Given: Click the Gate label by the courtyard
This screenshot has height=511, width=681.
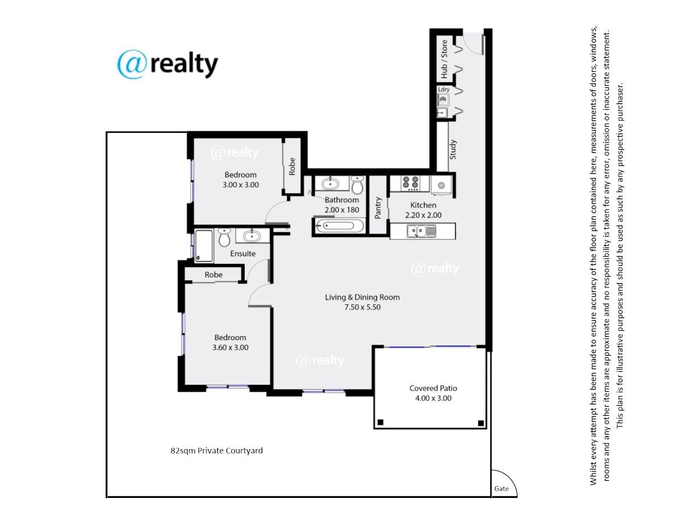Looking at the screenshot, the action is click(x=501, y=489).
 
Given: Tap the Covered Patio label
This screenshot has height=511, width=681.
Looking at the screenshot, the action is click(x=433, y=388).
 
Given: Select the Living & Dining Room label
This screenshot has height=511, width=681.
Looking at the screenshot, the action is click(x=362, y=297).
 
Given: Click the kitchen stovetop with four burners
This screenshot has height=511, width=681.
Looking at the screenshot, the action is click(x=410, y=183).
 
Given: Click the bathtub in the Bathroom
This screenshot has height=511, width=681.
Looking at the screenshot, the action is click(x=339, y=225).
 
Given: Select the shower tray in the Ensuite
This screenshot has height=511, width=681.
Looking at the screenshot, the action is click(x=204, y=245).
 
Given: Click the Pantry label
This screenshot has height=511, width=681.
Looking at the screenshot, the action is click(x=377, y=208).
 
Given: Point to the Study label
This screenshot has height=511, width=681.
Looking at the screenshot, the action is click(x=453, y=149).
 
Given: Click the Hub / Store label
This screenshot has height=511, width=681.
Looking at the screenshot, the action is click(x=444, y=59).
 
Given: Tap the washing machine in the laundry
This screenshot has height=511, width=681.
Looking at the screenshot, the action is click(x=443, y=100).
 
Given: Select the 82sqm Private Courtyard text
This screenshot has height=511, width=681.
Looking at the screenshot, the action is click(x=217, y=450).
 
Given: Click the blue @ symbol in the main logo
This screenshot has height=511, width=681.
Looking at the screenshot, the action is click(x=132, y=64).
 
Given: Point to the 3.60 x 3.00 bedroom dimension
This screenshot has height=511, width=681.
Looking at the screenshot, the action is click(x=230, y=347).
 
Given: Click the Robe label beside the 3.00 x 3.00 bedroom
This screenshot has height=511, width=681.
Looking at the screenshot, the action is click(x=292, y=166).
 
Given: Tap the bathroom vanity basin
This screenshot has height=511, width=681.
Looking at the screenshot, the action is click(x=330, y=183).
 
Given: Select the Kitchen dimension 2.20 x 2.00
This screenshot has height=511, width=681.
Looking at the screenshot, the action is click(x=423, y=215).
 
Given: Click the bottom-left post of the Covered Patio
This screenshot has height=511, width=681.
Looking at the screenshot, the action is click(x=380, y=422).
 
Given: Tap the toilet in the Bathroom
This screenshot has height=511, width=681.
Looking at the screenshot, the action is click(x=358, y=185).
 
